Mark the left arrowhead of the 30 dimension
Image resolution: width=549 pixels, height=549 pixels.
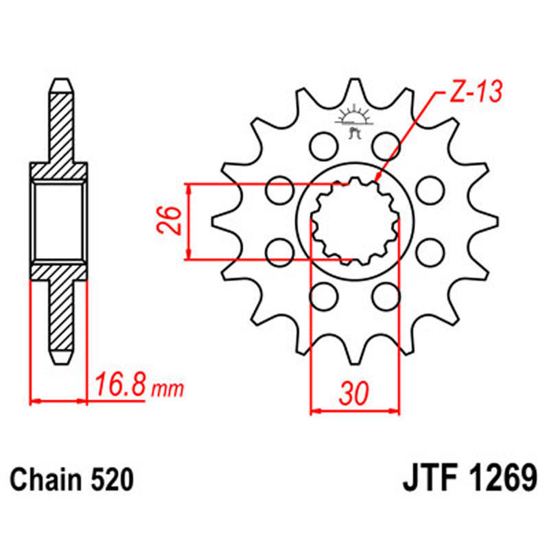click(315, 412)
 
